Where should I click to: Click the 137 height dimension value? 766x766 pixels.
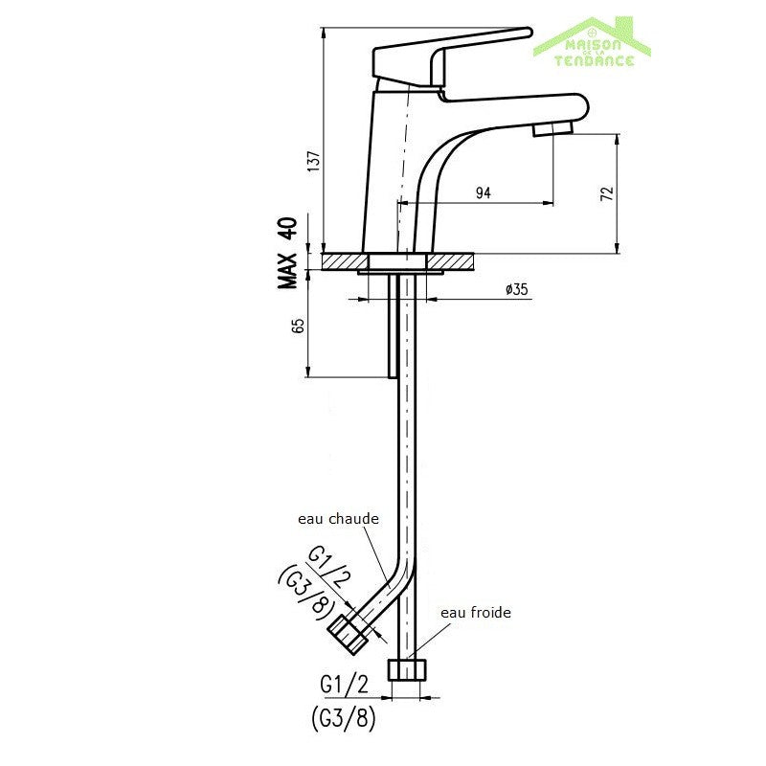pos(312,165)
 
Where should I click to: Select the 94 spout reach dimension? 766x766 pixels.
pos(483,193)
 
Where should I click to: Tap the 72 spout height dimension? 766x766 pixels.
pos(605,193)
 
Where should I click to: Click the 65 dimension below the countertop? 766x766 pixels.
pos(298,326)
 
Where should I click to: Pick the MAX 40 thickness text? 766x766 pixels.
pos(287,253)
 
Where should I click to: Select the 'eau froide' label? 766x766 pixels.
pos(475,613)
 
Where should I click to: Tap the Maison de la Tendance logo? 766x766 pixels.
pos(594,42)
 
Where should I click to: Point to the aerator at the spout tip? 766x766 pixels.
pos(552,128)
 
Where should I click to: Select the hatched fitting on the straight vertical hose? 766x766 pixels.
pos(406,668)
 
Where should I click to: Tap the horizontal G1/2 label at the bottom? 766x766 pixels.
pos(343,686)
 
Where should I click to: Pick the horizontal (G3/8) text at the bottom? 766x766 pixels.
pos(342,717)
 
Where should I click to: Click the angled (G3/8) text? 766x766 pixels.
pos(304,591)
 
